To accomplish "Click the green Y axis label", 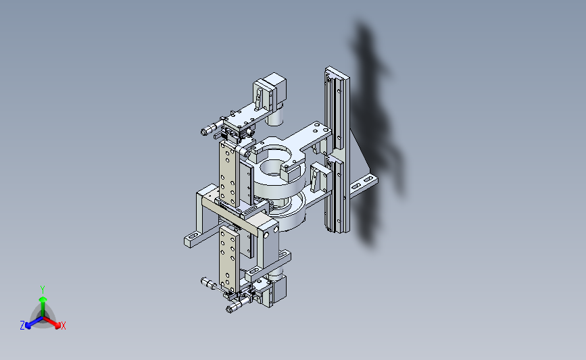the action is click(42, 290).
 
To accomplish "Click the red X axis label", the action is click(63, 326).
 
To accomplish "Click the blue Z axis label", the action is click(22, 326).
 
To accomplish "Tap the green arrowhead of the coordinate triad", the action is click(43, 299).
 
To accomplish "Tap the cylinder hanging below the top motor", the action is click(276, 115).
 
